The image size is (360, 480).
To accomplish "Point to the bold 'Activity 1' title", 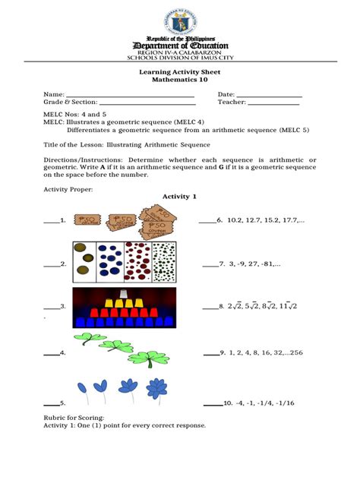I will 179,197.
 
